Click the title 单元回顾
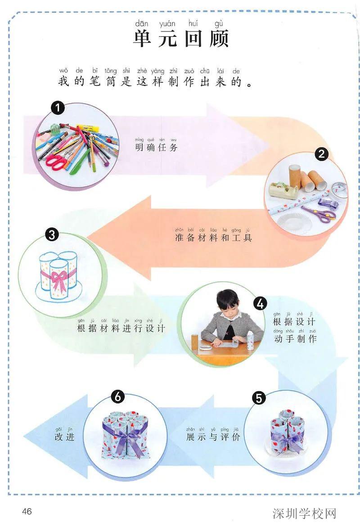[181, 39]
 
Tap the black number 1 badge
[58, 108]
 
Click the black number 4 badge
[260, 304]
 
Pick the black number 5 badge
[260, 397]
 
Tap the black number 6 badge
[117, 397]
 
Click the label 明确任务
[156, 148]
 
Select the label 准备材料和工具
[213, 237]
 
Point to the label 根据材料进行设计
[121, 328]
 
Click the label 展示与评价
[213, 437]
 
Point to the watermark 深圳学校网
[304, 513]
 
